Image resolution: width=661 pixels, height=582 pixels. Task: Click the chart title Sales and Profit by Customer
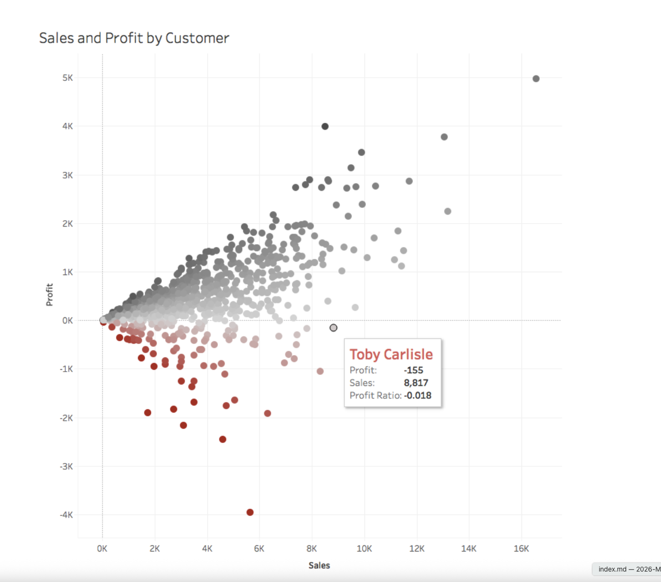[134, 38]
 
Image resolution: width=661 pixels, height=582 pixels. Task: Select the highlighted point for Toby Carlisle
[334, 328]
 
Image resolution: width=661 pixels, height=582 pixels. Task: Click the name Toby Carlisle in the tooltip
[391, 355]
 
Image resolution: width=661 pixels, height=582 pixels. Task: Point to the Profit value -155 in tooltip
[413, 370]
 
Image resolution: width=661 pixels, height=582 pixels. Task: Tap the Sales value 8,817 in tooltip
[416, 383]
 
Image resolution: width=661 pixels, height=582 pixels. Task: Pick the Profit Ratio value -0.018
[417, 395]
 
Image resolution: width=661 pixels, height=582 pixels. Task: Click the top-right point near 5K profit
[536, 79]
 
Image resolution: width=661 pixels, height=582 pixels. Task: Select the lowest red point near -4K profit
[250, 513]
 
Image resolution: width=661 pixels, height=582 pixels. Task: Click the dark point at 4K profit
[325, 127]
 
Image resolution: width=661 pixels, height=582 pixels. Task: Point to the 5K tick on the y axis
[68, 78]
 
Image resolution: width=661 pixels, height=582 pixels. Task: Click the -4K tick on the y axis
[66, 515]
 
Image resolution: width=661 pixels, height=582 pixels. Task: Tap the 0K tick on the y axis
[68, 321]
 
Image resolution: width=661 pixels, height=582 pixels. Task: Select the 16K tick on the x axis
[521, 549]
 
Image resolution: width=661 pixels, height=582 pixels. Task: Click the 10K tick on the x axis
[364, 549]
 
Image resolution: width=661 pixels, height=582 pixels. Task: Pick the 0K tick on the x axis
[102, 549]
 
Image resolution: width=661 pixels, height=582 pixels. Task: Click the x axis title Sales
[319, 565]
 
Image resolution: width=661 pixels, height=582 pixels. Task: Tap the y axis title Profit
[49, 295]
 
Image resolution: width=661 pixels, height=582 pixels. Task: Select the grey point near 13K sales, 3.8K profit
[444, 137]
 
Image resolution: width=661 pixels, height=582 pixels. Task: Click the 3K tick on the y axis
[68, 175]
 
